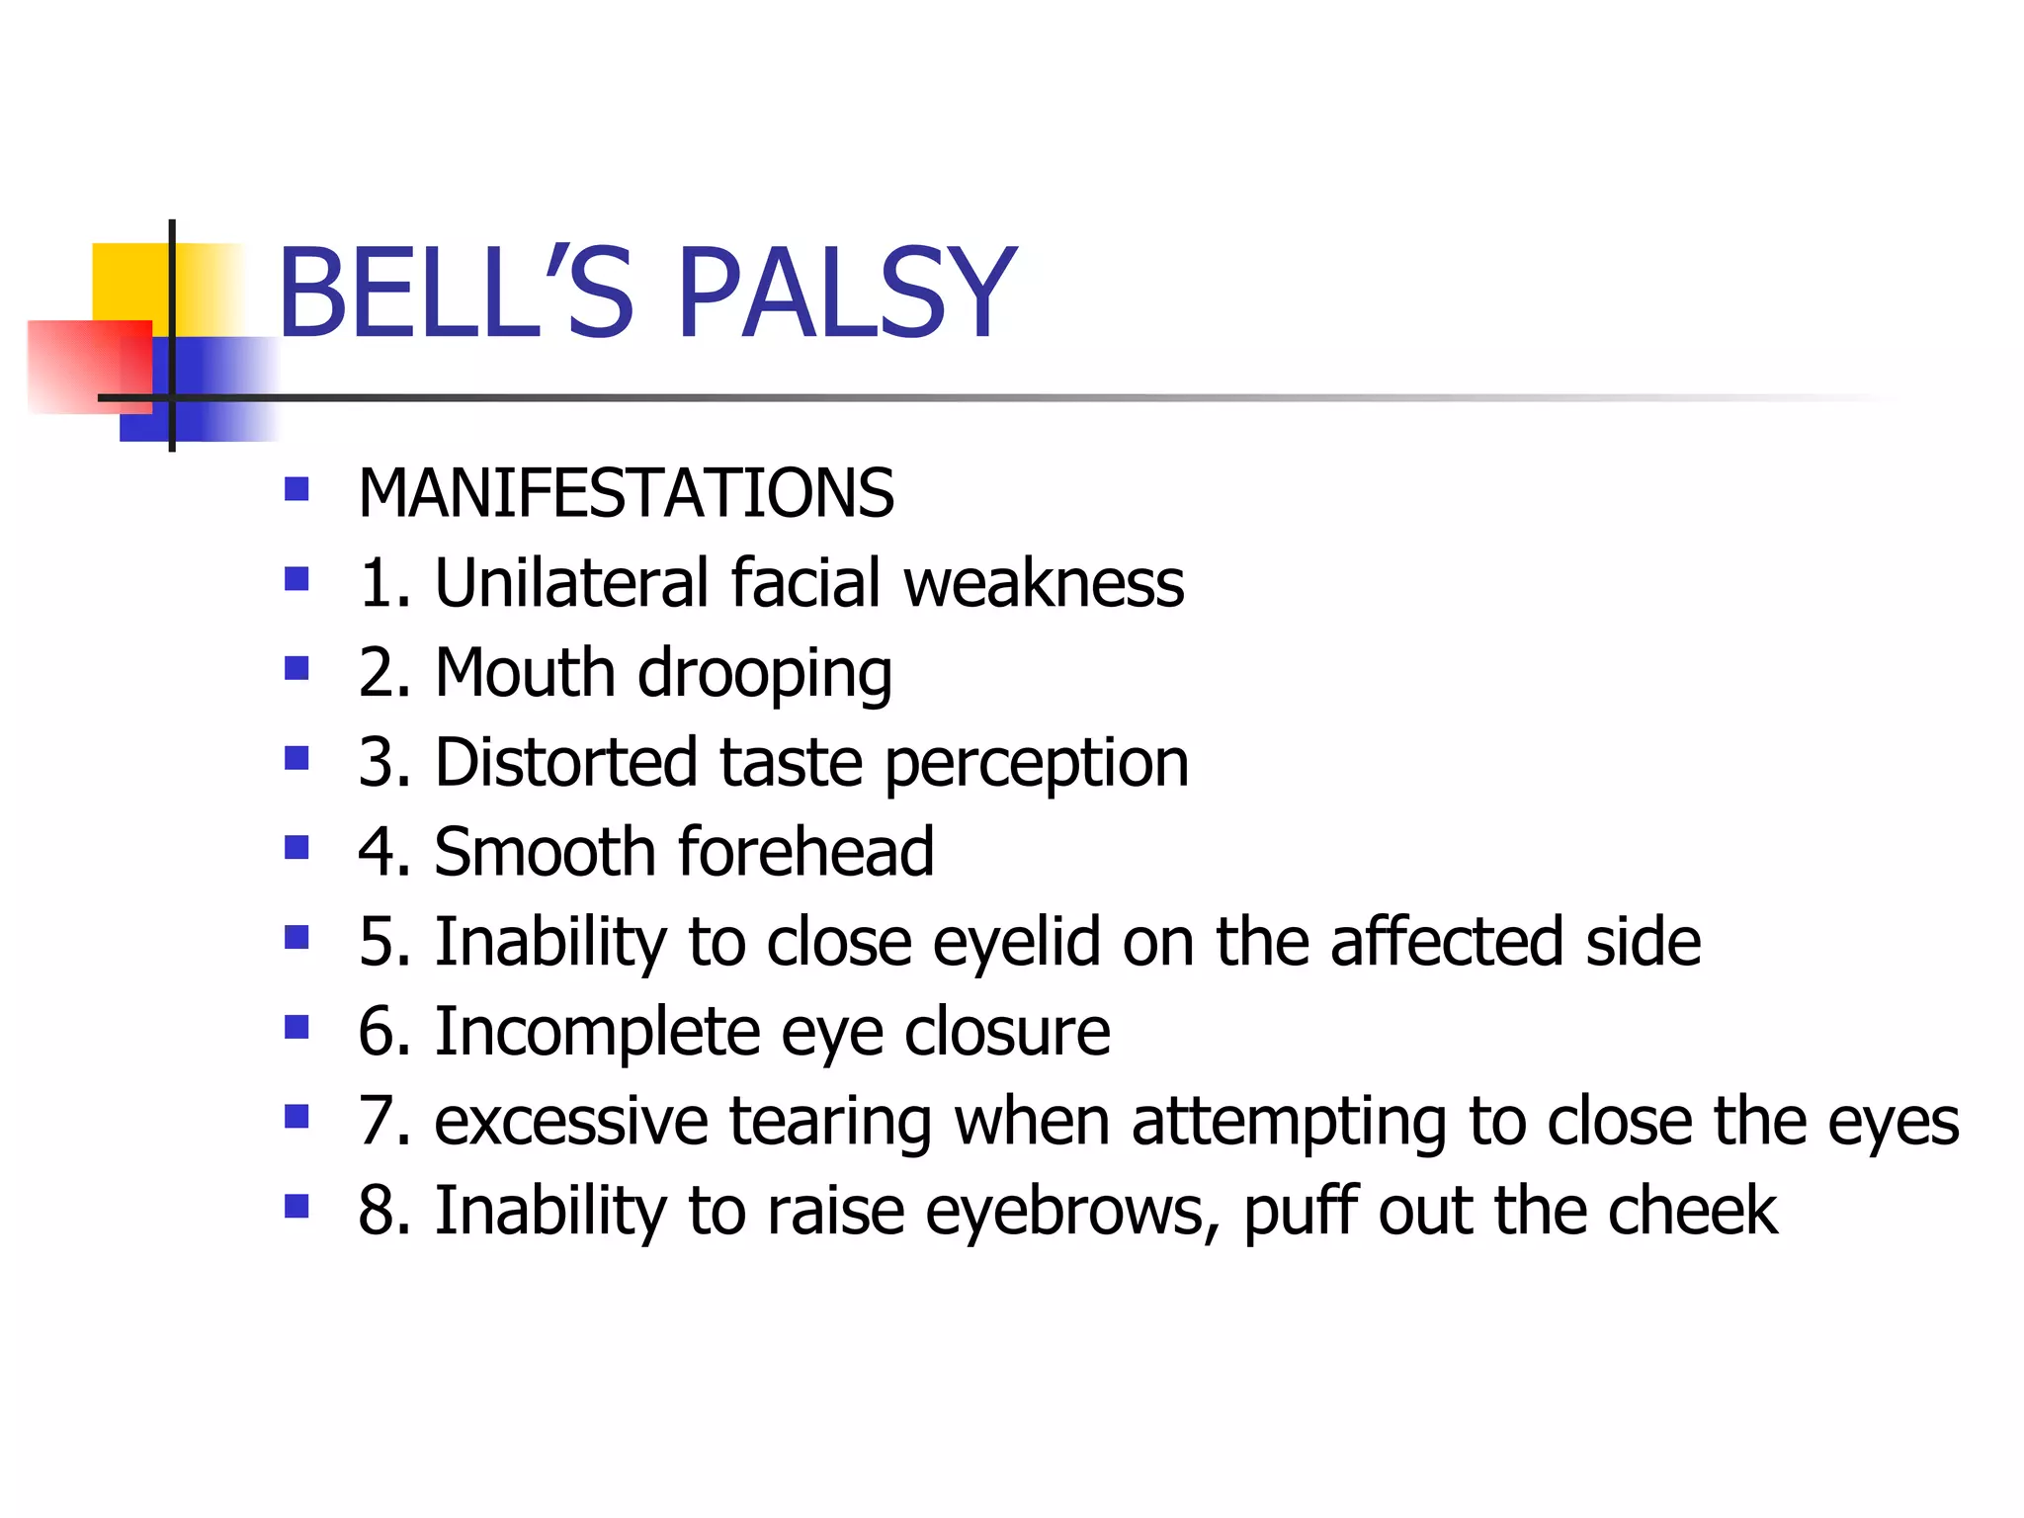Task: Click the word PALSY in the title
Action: [x=847, y=294]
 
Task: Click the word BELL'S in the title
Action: [x=456, y=294]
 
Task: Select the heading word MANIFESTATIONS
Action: [x=626, y=493]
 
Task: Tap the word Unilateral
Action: [x=570, y=582]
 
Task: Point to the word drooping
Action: [x=765, y=675]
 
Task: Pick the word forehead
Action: [x=805, y=851]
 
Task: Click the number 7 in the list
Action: [x=377, y=1122]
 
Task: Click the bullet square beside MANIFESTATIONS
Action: [x=296, y=489]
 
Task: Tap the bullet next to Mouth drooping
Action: [x=296, y=669]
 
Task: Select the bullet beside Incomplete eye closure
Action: [x=296, y=1028]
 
